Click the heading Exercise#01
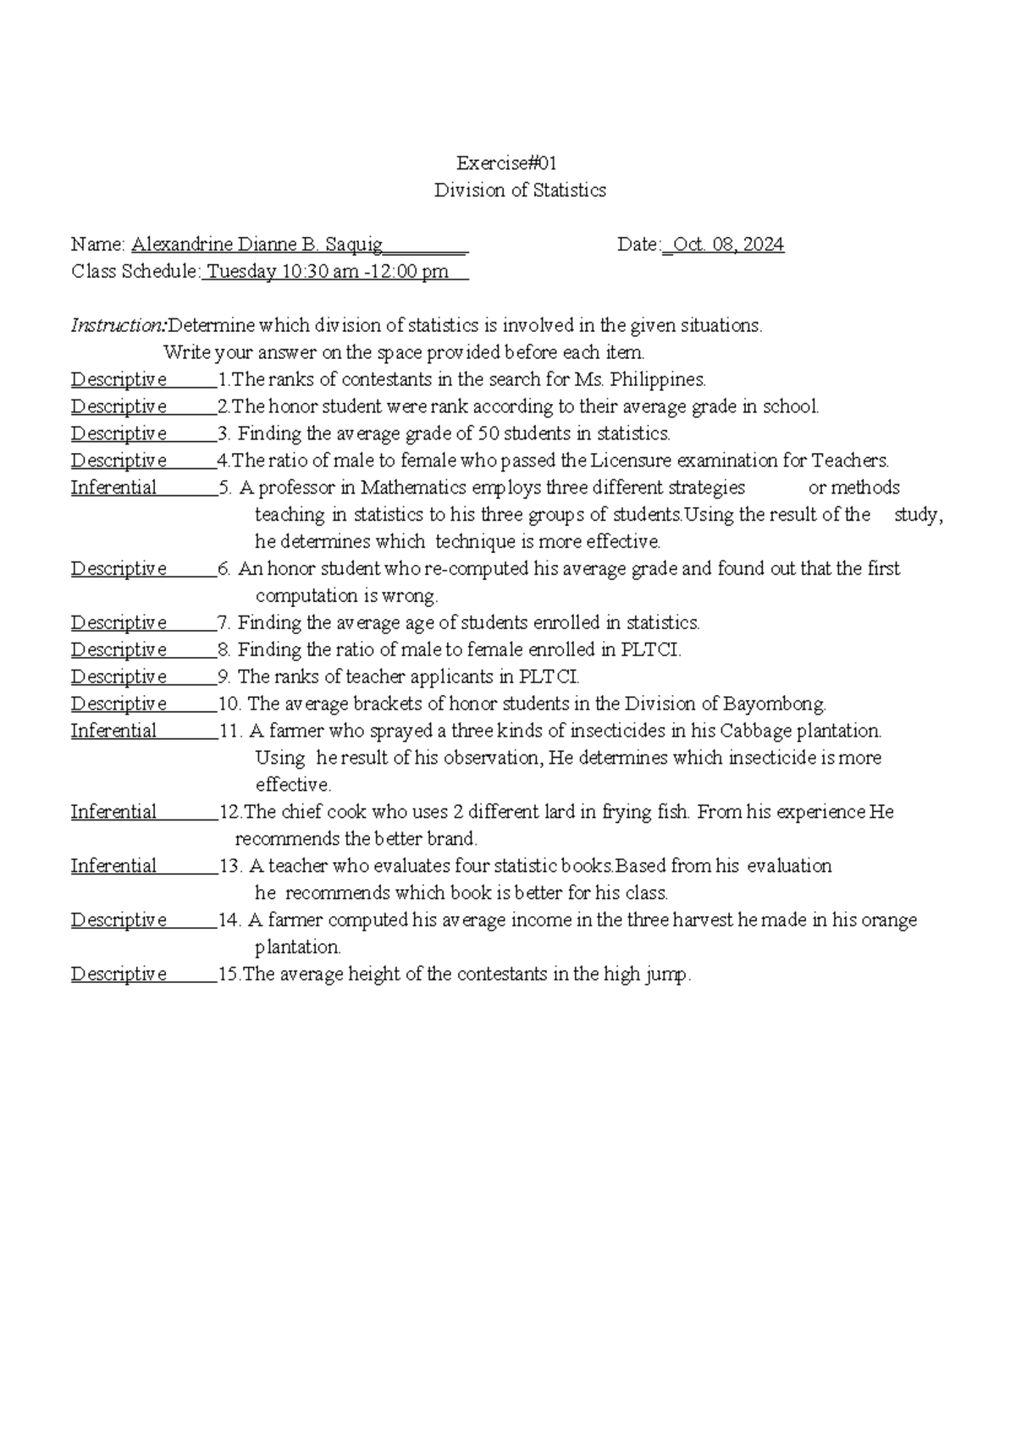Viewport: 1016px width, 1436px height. pyautogui.click(x=506, y=163)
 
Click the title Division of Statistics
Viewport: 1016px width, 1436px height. pyautogui.click(x=520, y=191)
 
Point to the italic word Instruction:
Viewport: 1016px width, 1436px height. pyautogui.click(x=119, y=325)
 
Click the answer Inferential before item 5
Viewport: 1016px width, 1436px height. pyautogui.click(x=113, y=488)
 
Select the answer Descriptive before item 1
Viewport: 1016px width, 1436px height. pyautogui.click(x=119, y=379)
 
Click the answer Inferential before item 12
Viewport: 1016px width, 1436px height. pyautogui.click(x=113, y=812)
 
